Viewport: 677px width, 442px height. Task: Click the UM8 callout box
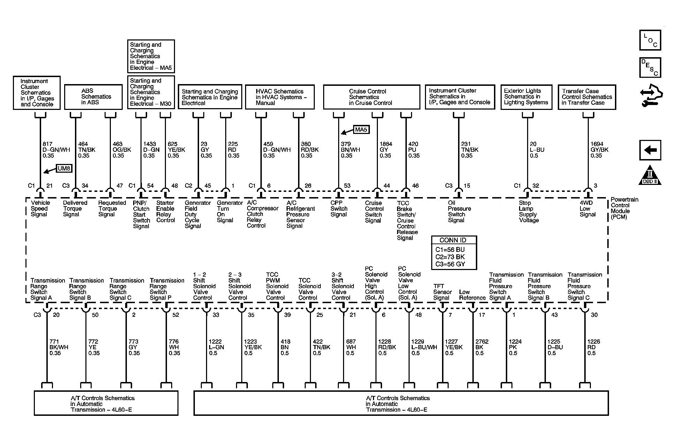(64, 168)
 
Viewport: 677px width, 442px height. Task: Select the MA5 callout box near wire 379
(361, 130)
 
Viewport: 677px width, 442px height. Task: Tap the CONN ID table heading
(453, 240)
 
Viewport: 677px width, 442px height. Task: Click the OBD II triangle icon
(650, 175)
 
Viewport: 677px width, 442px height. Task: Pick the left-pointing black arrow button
(650, 150)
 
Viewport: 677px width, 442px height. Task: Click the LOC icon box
(650, 40)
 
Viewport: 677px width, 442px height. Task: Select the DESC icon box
(650, 68)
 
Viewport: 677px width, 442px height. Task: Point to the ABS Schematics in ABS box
(93, 97)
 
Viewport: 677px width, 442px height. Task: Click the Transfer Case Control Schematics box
(587, 97)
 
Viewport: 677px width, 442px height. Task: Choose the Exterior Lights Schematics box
(526, 97)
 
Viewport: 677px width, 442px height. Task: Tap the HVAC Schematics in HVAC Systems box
(280, 97)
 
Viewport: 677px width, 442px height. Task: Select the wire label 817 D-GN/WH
(56, 150)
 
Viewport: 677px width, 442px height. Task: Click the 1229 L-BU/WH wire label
(424, 347)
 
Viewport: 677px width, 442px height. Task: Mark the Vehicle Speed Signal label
(40, 209)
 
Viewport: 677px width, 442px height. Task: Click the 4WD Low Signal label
(587, 209)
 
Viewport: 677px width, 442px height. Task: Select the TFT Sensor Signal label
(442, 292)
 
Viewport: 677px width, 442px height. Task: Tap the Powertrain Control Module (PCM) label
(624, 208)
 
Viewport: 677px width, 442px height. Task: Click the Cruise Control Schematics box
(371, 97)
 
